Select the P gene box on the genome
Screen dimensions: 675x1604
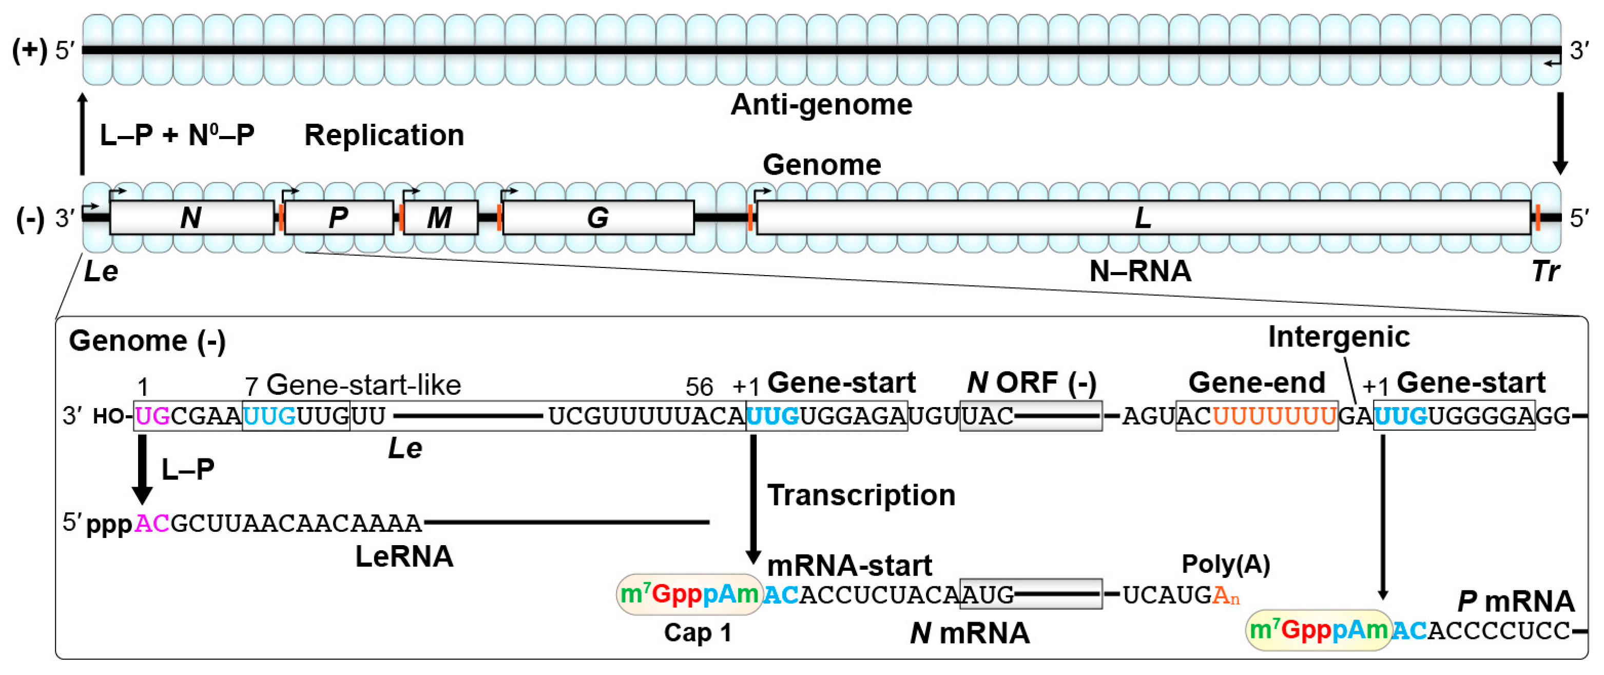(x=338, y=217)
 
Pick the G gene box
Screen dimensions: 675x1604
(x=598, y=217)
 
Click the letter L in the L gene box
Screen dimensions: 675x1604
(x=1142, y=217)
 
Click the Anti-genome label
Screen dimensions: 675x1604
(x=821, y=105)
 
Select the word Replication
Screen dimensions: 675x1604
(x=383, y=135)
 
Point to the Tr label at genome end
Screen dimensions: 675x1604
(x=1545, y=272)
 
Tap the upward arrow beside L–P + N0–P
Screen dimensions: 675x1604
(x=82, y=134)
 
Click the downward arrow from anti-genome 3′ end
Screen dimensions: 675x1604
(x=1560, y=134)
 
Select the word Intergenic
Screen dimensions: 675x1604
(x=1339, y=337)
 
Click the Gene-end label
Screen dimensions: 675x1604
(x=1256, y=382)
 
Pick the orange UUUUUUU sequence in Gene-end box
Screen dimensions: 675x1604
(x=1274, y=416)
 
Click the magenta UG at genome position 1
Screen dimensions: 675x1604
(x=152, y=416)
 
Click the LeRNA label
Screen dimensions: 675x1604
(x=404, y=556)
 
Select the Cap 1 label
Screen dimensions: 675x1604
(x=698, y=633)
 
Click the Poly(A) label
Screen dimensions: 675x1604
(x=1225, y=564)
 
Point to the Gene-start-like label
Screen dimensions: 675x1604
(x=363, y=385)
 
